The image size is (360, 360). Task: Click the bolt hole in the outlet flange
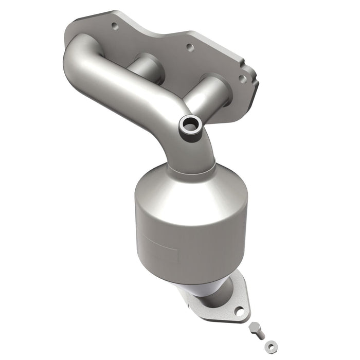click(239, 311)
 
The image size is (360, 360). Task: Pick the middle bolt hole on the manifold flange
click(190, 47)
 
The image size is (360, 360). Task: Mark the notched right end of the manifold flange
click(249, 82)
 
